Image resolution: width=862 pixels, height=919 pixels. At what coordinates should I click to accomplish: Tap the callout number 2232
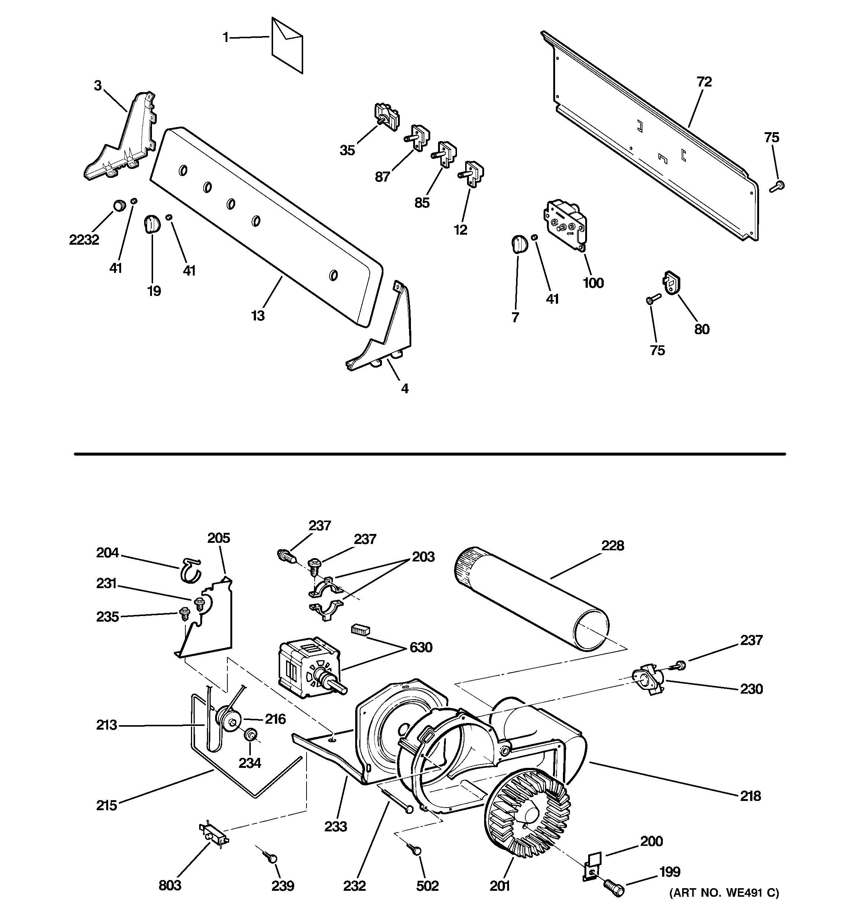click(84, 240)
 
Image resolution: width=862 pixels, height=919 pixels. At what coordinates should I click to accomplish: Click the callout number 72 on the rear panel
click(704, 82)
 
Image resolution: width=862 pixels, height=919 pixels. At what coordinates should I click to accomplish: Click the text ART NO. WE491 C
click(724, 906)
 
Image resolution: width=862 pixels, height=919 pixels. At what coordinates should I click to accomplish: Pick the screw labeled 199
click(614, 887)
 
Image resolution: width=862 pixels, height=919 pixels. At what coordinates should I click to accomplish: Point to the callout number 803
click(170, 885)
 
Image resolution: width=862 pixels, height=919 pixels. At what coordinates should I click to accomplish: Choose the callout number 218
click(750, 796)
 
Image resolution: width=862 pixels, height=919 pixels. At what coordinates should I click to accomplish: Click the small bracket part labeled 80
click(672, 282)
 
